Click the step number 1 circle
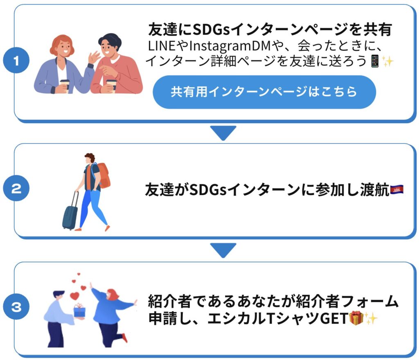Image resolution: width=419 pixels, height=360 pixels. pyautogui.click(x=16, y=62)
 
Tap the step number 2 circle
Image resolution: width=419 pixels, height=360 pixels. pyautogui.click(x=16, y=189)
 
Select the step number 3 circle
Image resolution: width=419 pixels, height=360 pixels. pyautogui.click(x=16, y=307)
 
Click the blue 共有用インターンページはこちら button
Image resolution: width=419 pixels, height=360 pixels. pyautogui.click(x=264, y=92)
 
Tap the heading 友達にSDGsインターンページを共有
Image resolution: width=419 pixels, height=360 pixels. pyautogui.click(x=270, y=29)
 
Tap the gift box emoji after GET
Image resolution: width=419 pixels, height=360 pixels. pyautogui.click(x=356, y=318)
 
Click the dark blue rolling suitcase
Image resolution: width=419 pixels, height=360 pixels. pyautogui.click(x=70, y=214)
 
